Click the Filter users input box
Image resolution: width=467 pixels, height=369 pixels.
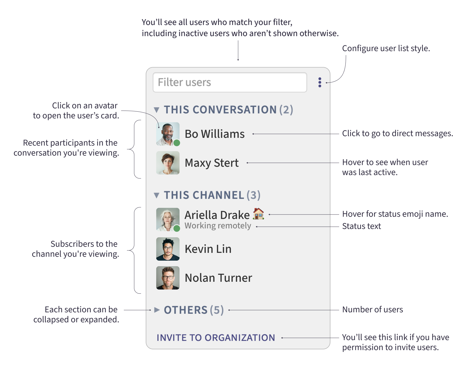tap(230, 82)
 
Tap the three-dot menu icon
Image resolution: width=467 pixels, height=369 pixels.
tap(320, 82)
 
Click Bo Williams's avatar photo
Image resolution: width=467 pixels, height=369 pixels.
tap(167, 133)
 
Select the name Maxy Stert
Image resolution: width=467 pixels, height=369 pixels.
tap(211, 163)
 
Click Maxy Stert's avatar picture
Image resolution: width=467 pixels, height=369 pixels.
tap(168, 163)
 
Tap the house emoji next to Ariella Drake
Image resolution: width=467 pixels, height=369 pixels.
tap(258, 214)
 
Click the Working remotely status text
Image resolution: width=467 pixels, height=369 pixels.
tap(218, 226)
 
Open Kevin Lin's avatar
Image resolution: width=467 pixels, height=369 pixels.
tap(168, 249)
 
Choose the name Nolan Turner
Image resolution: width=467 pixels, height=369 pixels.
tap(218, 278)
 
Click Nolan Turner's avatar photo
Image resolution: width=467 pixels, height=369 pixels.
tap(168, 278)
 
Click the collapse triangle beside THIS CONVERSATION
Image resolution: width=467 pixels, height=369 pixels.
tap(156, 110)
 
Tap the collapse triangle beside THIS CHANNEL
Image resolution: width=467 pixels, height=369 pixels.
tap(156, 195)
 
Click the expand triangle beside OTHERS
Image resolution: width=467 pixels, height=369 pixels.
tap(157, 310)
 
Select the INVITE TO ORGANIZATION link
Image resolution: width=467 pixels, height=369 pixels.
tap(216, 338)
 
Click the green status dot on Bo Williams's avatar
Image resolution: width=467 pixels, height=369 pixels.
tap(177, 143)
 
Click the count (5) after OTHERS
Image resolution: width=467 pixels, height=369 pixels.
tap(217, 310)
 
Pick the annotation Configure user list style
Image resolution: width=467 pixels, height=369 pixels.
tap(386, 48)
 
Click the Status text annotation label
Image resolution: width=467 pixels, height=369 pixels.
tap(361, 226)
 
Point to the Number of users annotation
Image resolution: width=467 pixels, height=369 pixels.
tap(372, 310)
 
